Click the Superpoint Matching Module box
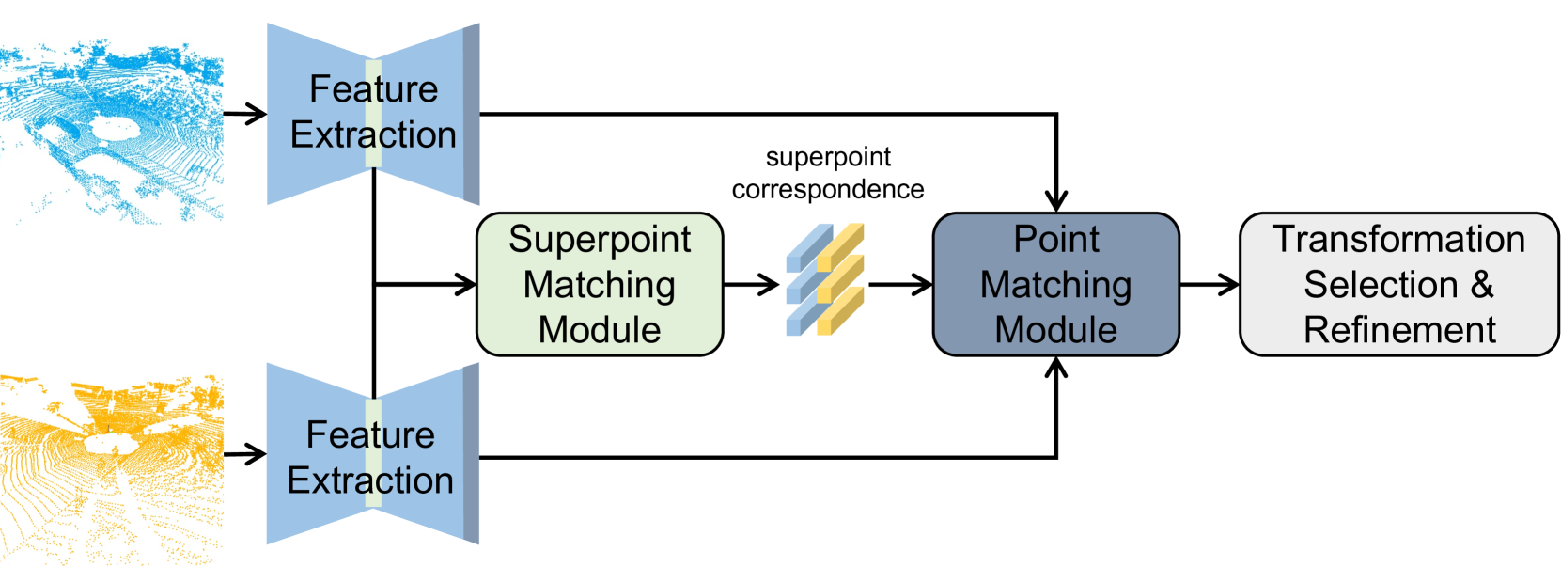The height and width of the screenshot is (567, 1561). click(x=600, y=285)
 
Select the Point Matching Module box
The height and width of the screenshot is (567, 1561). click(x=1055, y=285)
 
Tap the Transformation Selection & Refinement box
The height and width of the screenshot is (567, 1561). click(x=1399, y=285)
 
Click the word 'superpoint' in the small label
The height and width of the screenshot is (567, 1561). click(x=828, y=158)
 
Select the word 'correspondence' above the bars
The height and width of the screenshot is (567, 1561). click(x=828, y=189)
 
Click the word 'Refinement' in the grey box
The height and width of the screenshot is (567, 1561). click(x=1399, y=329)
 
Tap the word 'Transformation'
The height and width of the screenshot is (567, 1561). click(x=1399, y=239)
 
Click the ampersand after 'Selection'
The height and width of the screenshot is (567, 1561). click(x=1481, y=285)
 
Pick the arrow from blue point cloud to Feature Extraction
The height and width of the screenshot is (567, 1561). click(x=245, y=113)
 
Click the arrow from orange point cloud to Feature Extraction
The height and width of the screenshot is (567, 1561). click(x=245, y=454)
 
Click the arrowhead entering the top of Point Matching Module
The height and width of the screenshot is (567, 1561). click(x=1056, y=201)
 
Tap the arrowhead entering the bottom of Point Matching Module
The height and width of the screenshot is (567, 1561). click(x=1056, y=368)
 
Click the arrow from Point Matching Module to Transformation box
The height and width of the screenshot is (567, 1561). click(x=1210, y=285)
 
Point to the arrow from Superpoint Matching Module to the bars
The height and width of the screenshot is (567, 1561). click(x=751, y=285)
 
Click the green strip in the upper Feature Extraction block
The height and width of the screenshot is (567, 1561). click(x=373, y=113)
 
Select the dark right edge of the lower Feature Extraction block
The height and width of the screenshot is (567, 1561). click(x=471, y=454)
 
